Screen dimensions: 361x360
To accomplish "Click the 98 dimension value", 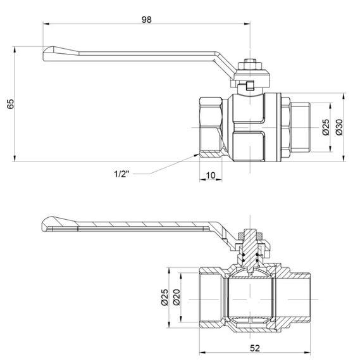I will click(147, 20).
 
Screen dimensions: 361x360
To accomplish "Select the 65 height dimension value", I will click(10, 104).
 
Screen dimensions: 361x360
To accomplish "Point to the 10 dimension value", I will click(211, 175).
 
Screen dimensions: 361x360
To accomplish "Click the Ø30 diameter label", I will click(340, 127).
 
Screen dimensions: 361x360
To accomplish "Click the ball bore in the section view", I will click(251, 296).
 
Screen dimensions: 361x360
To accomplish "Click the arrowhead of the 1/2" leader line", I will click(196, 153).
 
